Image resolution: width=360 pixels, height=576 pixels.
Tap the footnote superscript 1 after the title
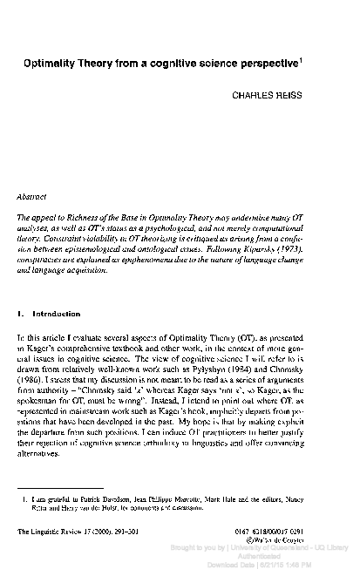(x=325, y=60)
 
